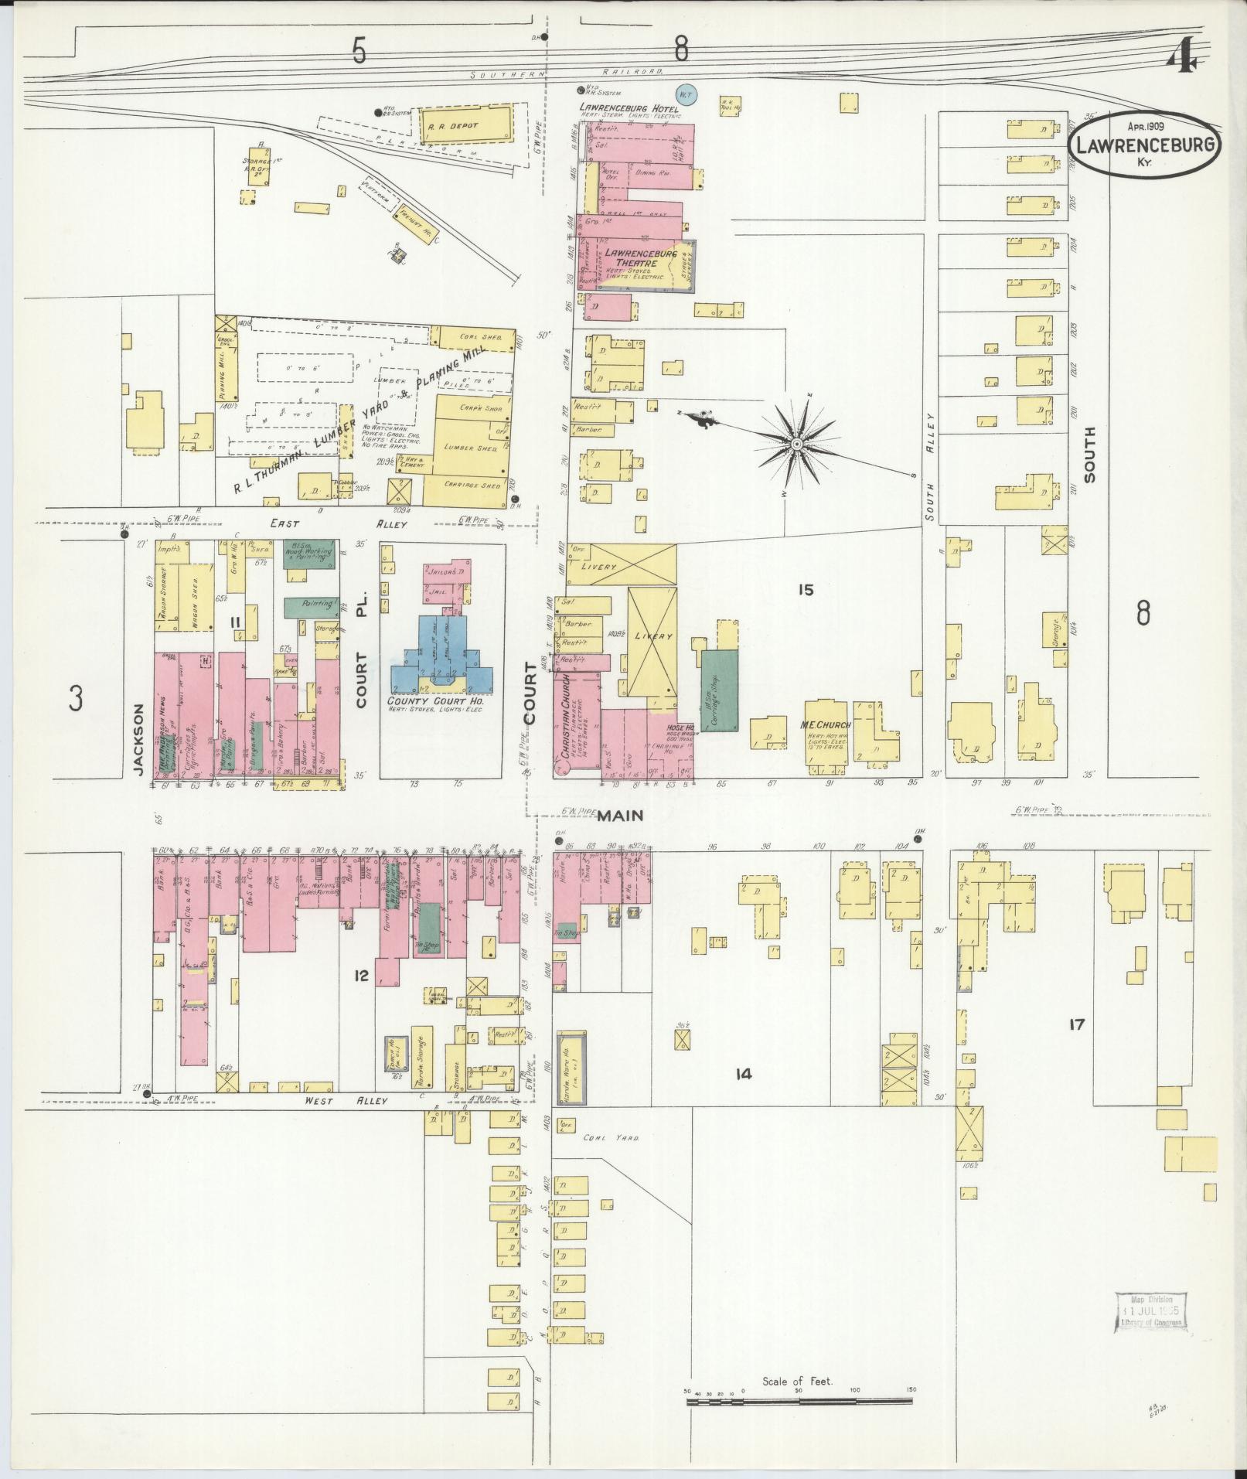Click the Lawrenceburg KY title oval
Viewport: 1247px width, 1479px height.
click(x=1146, y=145)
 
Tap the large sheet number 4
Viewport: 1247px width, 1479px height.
click(x=1183, y=58)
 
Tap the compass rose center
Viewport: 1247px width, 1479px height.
click(x=796, y=443)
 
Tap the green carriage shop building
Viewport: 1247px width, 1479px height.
click(x=719, y=690)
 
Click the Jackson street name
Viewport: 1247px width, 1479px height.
click(x=138, y=738)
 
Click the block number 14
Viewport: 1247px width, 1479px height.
click(x=744, y=1074)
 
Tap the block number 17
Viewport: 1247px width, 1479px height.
click(x=1076, y=1025)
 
